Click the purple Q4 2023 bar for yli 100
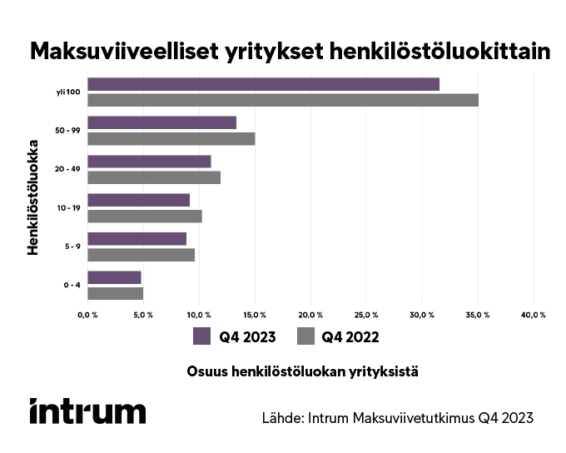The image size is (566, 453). [x=263, y=84]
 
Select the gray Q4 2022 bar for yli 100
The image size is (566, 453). [x=283, y=100]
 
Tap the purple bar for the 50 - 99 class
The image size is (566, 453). [x=161, y=122]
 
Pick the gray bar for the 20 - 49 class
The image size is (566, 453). [x=154, y=177]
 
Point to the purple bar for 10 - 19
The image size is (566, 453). [x=138, y=200]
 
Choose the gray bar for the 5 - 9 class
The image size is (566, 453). [x=141, y=255]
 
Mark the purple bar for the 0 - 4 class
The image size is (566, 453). [x=114, y=277]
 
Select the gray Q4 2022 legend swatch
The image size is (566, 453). [x=305, y=336]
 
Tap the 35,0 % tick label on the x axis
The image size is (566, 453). [x=478, y=315]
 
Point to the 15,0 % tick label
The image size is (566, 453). [x=255, y=315]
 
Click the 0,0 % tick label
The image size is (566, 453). [x=87, y=315]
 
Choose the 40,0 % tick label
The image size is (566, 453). [x=534, y=315]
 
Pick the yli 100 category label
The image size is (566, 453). [x=67, y=92]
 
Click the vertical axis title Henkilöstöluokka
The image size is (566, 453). [x=34, y=189]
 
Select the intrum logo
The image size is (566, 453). [x=87, y=411]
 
